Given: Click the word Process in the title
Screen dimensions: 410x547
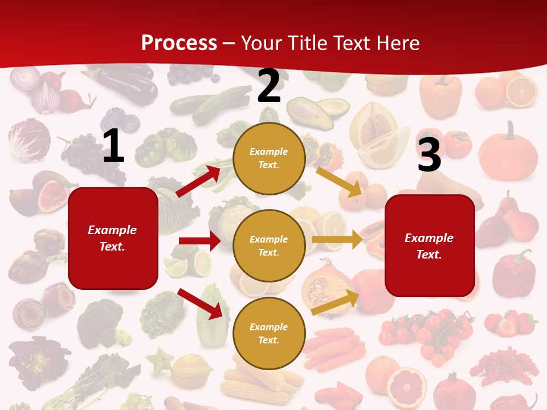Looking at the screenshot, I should click(x=179, y=43).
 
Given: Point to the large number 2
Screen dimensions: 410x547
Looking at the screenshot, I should click(x=269, y=86).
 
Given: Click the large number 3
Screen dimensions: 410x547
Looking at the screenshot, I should click(x=429, y=154).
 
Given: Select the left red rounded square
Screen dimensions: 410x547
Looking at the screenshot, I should click(x=113, y=238).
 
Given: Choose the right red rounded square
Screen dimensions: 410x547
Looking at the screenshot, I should click(x=430, y=246).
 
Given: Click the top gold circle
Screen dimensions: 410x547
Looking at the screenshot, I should click(x=269, y=158).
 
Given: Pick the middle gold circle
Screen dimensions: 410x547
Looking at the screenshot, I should click(x=269, y=246).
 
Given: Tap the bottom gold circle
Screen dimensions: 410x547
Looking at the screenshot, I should click(x=269, y=334).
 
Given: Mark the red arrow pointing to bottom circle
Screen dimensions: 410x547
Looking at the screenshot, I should click(x=200, y=304).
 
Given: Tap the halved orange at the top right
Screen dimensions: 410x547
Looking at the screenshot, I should click(x=521, y=92).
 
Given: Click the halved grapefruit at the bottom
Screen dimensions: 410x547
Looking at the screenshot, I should click(x=407, y=380).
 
